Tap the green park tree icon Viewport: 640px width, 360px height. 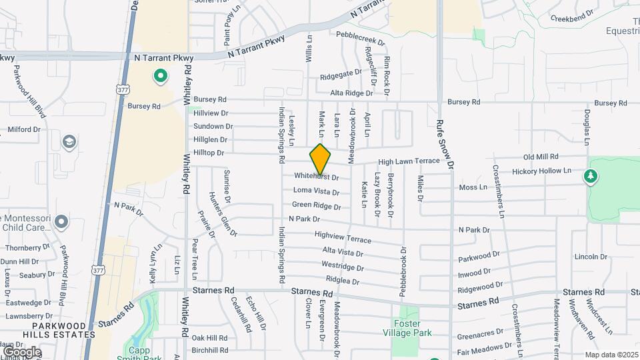(589, 177)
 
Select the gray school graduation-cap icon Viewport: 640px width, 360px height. (69, 142)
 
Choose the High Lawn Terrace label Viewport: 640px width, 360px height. (409, 161)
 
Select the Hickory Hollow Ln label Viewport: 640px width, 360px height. (542, 171)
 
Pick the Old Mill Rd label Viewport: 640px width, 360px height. (541, 157)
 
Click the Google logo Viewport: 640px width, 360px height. (21, 351)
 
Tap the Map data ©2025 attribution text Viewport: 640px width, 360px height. (611, 355)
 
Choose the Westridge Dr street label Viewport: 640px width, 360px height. (343, 265)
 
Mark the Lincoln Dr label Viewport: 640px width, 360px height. (590, 257)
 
